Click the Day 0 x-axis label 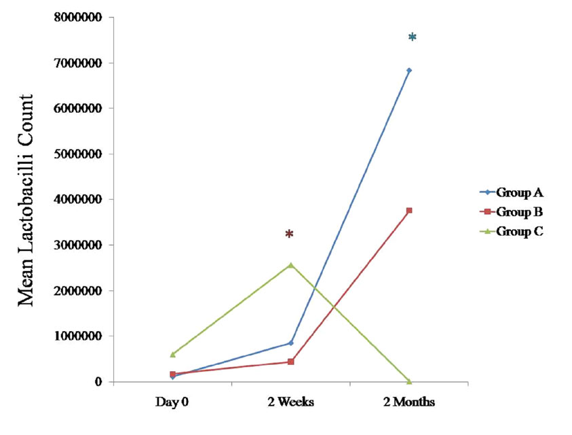172,402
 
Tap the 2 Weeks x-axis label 290,402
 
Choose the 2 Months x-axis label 408,402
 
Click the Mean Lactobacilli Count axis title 25,201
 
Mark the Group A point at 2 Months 409,71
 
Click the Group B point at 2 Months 409,211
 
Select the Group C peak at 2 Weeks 290,264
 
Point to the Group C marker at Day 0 172,354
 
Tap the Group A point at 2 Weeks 290,343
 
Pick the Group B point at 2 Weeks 290,362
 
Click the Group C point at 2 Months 408,381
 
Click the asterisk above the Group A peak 412,37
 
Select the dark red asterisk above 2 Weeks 289,234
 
